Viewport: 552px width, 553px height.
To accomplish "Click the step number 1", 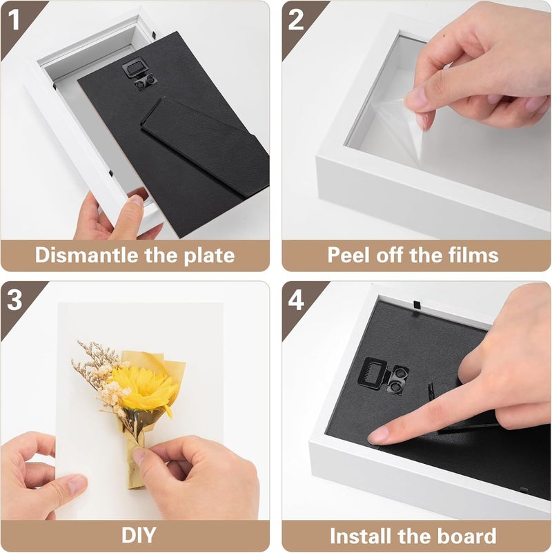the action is tap(14, 19).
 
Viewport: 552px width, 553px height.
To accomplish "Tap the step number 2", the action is tap(296, 19).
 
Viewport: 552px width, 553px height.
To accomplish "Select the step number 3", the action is tap(14, 300).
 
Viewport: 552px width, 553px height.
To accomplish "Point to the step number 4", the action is tap(296, 300).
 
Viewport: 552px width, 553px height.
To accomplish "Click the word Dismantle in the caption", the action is tap(86, 255).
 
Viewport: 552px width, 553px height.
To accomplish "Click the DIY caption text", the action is tap(139, 535).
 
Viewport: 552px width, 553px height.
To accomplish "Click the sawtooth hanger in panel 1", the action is tap(134, 68).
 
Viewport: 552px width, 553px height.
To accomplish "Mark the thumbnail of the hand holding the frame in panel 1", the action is tap(136, 201).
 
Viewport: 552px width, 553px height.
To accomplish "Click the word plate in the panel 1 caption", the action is tap(209, 255).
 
